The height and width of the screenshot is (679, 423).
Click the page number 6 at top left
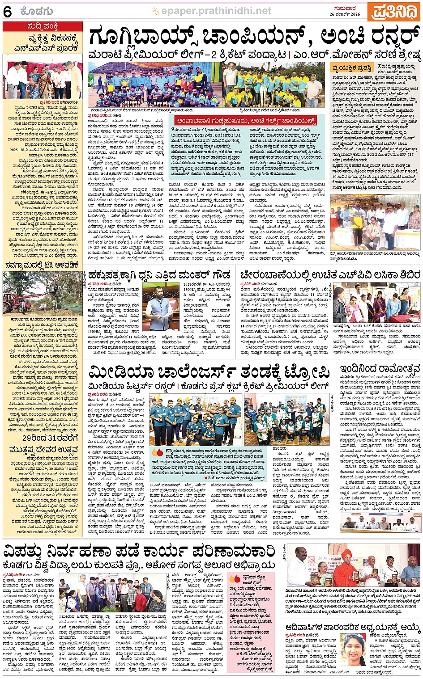8,12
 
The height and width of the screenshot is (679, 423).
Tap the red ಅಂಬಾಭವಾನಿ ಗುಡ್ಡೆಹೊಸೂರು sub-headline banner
246,121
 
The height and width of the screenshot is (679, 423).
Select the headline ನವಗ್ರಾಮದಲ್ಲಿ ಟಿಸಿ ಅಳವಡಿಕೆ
43,265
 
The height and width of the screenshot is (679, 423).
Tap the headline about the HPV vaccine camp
329,274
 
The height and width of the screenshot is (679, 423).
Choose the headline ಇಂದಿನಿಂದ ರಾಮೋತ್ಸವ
380,369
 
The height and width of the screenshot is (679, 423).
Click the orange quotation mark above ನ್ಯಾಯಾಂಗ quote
157,452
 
